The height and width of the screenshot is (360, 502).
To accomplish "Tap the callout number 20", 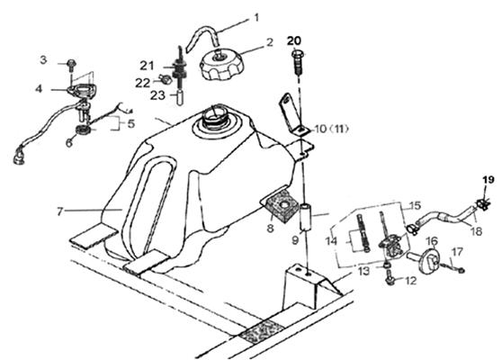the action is [294, 41].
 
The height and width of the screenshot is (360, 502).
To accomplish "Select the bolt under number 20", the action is [298, 62].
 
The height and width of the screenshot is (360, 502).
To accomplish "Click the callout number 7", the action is [59, 211].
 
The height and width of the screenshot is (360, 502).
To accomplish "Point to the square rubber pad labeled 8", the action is [280, 206].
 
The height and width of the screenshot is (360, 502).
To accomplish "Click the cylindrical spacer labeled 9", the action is [307, 217].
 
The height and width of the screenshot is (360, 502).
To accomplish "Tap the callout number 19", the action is [489, 180].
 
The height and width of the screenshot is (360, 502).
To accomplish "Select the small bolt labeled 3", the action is [71, 66].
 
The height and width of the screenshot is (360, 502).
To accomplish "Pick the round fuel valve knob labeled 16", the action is [426, 261].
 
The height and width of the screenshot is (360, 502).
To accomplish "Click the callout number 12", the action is [411, 281].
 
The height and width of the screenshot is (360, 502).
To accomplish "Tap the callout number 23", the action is [157, 95].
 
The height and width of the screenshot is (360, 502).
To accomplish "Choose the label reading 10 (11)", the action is [331, 129].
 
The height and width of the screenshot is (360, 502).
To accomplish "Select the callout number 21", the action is [147, 66].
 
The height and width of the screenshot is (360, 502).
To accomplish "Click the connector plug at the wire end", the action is [19, 157].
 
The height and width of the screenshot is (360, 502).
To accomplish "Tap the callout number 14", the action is [331, 241].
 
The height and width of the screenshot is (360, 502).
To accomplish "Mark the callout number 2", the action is [270, 42].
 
